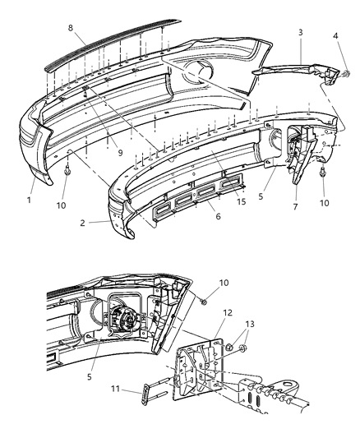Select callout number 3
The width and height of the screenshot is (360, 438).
tap(300, 32)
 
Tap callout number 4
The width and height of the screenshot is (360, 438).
tap(335, 35)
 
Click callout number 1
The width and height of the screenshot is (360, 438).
tap(29, 198)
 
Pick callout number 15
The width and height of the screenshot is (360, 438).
tap(241, 202)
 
